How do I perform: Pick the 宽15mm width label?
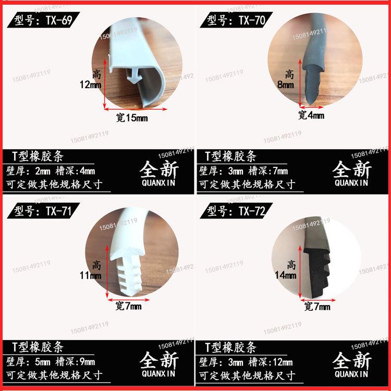[x=131, y=118]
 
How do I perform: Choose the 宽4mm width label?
[x=311, y=115]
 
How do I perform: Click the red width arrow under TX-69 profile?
[x=136, y=109]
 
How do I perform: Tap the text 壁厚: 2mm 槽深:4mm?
[x=51, y=171]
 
